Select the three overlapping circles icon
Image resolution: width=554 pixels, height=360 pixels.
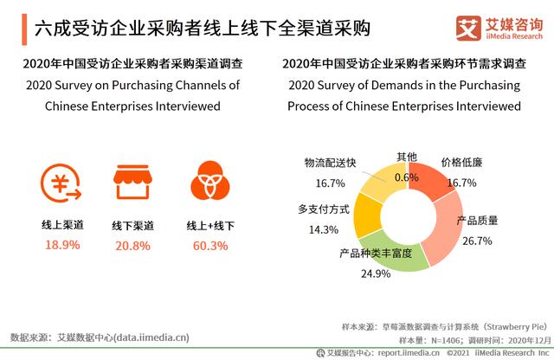(208, 182)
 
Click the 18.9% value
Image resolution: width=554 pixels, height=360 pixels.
(61, 245)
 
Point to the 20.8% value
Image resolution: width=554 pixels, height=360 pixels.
(133, 245)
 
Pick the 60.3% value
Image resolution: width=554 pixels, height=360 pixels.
(208, 245)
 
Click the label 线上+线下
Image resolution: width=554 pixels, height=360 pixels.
(208, 225)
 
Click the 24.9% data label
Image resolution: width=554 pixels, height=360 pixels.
(375, 274)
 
